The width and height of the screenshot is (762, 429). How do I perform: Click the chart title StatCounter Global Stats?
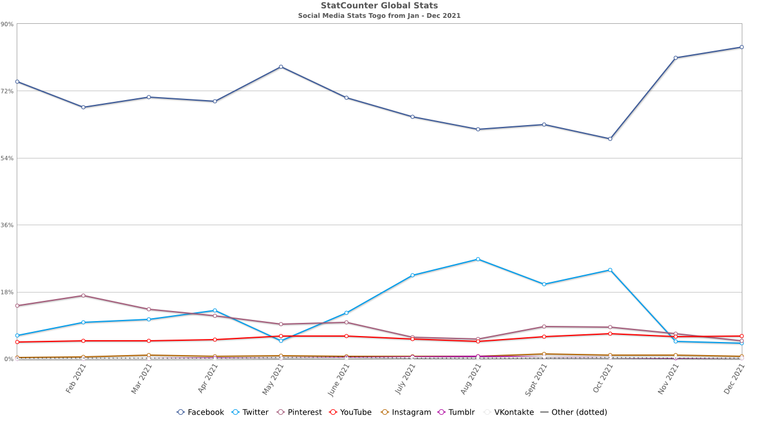379,5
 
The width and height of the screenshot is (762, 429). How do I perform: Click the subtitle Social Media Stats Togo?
379,15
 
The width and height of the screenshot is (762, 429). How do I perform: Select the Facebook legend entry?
201,412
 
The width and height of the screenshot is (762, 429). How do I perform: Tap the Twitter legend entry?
250,412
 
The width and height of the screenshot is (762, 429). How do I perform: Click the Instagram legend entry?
406,412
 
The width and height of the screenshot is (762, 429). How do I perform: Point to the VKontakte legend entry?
508,412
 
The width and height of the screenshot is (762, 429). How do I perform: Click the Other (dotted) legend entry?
574,412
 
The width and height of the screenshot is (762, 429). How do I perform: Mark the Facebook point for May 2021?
280,67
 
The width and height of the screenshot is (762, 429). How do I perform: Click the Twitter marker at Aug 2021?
478,259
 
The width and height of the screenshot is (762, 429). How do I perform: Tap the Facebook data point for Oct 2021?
610,139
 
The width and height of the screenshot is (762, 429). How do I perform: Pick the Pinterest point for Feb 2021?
83,296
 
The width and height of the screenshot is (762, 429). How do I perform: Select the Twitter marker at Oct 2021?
610,270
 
